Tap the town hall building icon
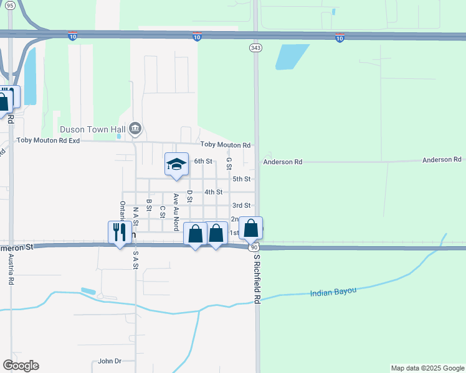(x=136, y=129)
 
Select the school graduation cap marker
(x=176, y=165)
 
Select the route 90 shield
(x=254, y=247)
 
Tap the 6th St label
(x=203, y=161)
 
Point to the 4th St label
(x=213, y=192)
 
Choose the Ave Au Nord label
(x=176, y=212)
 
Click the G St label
(x=229, y=163)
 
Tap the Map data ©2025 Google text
(x=427, y=368)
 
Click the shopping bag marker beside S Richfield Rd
(x=250, y=228)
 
